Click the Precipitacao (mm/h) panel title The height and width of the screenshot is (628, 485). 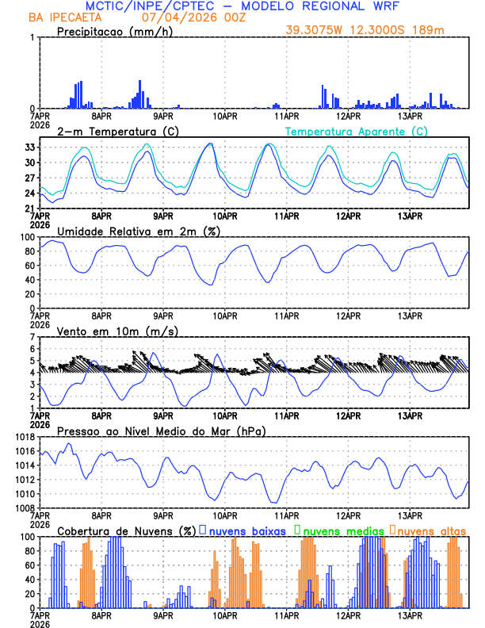click(x=115, y=32)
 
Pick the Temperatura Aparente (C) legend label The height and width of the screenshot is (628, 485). click(x=357, y=132)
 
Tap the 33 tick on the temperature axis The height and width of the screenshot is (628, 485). click(x=29, y=147)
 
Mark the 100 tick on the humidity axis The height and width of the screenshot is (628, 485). click(x=26, y=237)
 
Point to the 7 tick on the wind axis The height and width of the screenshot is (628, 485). click(x=32, y=337)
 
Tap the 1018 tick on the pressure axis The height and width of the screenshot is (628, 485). click(x=24, y=437)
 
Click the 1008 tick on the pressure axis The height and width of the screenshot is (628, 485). click(x=24, y=507)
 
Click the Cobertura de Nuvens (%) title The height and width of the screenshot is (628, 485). click(x=127, y=530)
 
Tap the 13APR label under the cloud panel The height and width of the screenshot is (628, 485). click(x=410, y=615)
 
